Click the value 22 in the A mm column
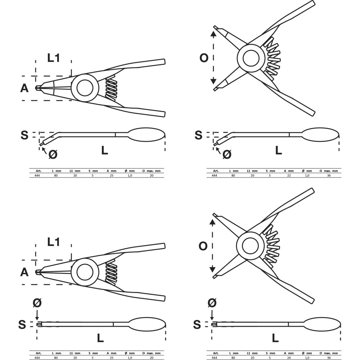tap(289, 175)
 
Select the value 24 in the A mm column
tap(289, 358)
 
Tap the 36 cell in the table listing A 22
tap(329, 175)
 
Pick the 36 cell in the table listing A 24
tap(329, 358)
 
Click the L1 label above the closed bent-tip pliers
tap(54, 58)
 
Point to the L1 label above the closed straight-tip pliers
tap(54, 242)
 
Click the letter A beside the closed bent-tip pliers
tap(24, 88)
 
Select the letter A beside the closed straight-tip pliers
tap(24, 272)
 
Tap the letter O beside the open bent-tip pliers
tap(204, 58)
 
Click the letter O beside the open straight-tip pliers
tap(203, 246)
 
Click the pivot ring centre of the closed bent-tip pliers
tap(85, 88)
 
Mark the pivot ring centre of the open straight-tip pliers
tap(250, 246)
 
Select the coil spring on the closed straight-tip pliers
tap(111, 272)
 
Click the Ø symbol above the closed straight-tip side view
tap(37, 303)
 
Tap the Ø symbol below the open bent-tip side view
tap(227, 154)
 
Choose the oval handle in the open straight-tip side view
tap(322, 324)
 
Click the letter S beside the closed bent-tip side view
tap(24, 135)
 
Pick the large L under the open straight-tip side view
tap(275, 338)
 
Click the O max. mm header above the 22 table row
tap(329, 171)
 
